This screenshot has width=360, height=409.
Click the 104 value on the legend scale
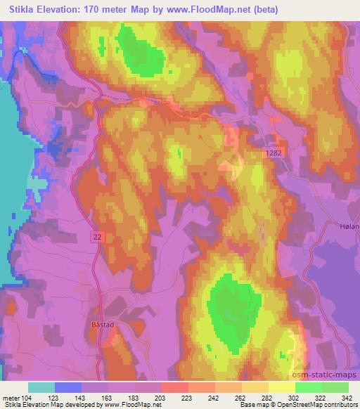25,397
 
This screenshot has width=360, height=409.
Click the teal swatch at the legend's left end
42,387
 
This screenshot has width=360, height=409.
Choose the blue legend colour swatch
68,387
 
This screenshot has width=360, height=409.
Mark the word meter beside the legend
10,397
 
